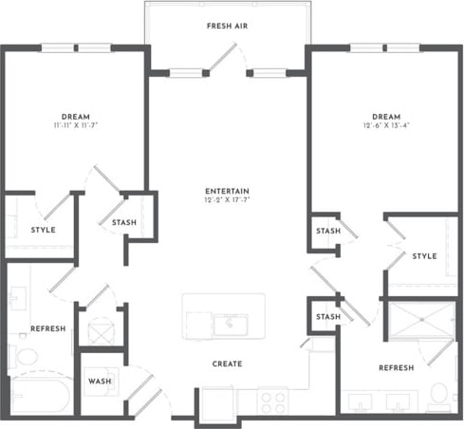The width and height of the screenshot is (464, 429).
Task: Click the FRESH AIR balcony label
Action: (227, 25)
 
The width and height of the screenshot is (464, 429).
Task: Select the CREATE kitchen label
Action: (227, 364)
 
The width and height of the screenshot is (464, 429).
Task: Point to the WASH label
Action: (100, 381)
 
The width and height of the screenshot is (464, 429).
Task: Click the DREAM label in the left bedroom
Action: (75, 116)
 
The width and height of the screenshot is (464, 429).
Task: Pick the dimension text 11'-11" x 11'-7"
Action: (75, 125)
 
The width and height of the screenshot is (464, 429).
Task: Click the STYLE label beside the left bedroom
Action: (43, 230)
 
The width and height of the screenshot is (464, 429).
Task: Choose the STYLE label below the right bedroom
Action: (424, 255)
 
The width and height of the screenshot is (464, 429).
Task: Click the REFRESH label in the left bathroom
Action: (47, 328)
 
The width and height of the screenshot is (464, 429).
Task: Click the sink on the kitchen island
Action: (228, 326)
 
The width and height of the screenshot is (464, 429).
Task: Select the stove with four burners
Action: (273, 401)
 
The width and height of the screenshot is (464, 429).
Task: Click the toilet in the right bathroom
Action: (437, 392)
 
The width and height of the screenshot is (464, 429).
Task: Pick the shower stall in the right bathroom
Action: (418, 322)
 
